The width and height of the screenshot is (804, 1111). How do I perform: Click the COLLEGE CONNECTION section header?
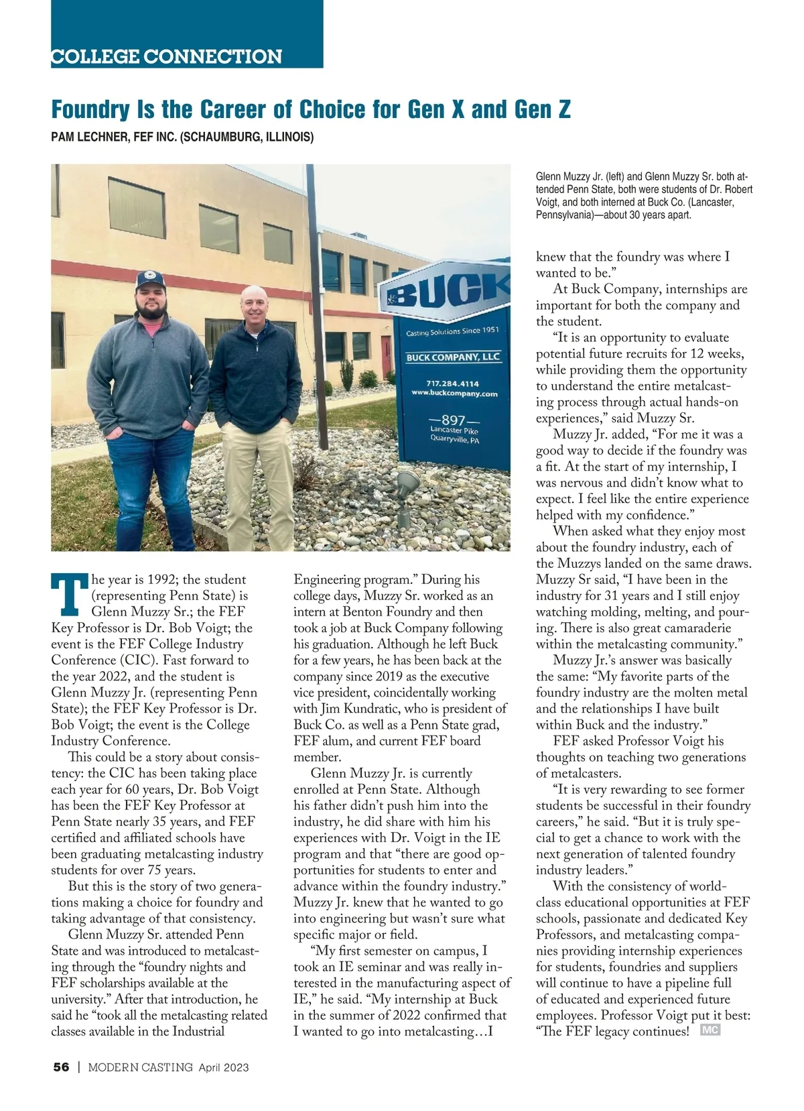(x=166, y=56)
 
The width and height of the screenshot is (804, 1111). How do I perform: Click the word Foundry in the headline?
(x=89, y=109)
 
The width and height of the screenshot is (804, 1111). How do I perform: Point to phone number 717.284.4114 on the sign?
(x=452, y=384)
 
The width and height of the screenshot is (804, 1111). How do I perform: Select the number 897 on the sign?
(x=454, y=420)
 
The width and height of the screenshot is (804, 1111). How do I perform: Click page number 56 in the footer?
(x=61, y=1067)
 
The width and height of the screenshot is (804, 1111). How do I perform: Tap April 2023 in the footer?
(x=223, y=1067)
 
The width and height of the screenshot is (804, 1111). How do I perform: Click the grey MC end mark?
(x=710, y=1030)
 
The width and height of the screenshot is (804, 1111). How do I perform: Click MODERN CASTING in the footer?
(x=141, y=1067)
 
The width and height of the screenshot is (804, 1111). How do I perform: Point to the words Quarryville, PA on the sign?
(x=454, y=440)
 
